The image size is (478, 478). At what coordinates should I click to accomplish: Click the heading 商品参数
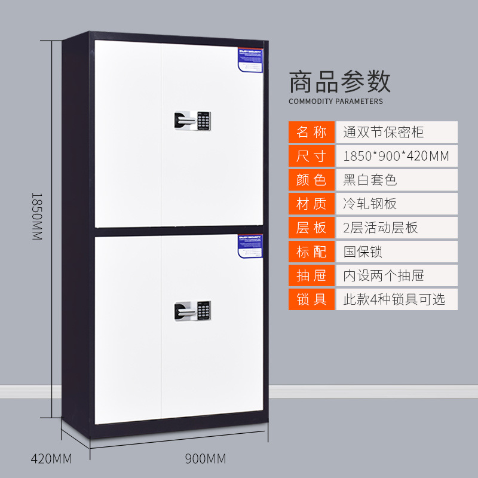[x=339, y=82]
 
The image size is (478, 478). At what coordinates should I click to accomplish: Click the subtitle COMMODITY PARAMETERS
[x=336, y=101]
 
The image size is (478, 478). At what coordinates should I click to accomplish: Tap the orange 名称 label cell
[x=311, y=132]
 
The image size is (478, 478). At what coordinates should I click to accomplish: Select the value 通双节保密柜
[x=384, y=132]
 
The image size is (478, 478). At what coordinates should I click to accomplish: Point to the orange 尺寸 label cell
[x=311, y=156]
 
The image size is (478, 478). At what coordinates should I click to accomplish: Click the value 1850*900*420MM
[x=396, y=156]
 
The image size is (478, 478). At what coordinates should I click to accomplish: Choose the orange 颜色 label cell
[x=311, y=180]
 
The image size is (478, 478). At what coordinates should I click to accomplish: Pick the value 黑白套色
[x=370, y=180]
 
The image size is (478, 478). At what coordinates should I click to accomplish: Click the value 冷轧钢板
[x=370, y=204]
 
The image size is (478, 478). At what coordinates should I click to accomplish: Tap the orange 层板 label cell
[x=311, y=228]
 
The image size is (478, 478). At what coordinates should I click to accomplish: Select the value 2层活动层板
[x=381, y=228]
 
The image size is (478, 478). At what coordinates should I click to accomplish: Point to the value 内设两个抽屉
[x=384, y=275]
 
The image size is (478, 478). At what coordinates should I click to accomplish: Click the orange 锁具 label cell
[x=311, y=299]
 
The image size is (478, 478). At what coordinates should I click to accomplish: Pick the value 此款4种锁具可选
[x=394, y=299]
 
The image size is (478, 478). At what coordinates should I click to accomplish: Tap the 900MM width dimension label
[x=206, y=459]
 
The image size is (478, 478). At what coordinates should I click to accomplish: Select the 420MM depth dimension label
[x=51, y=459]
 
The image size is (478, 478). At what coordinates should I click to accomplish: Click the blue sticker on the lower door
[x=250, y=244]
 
